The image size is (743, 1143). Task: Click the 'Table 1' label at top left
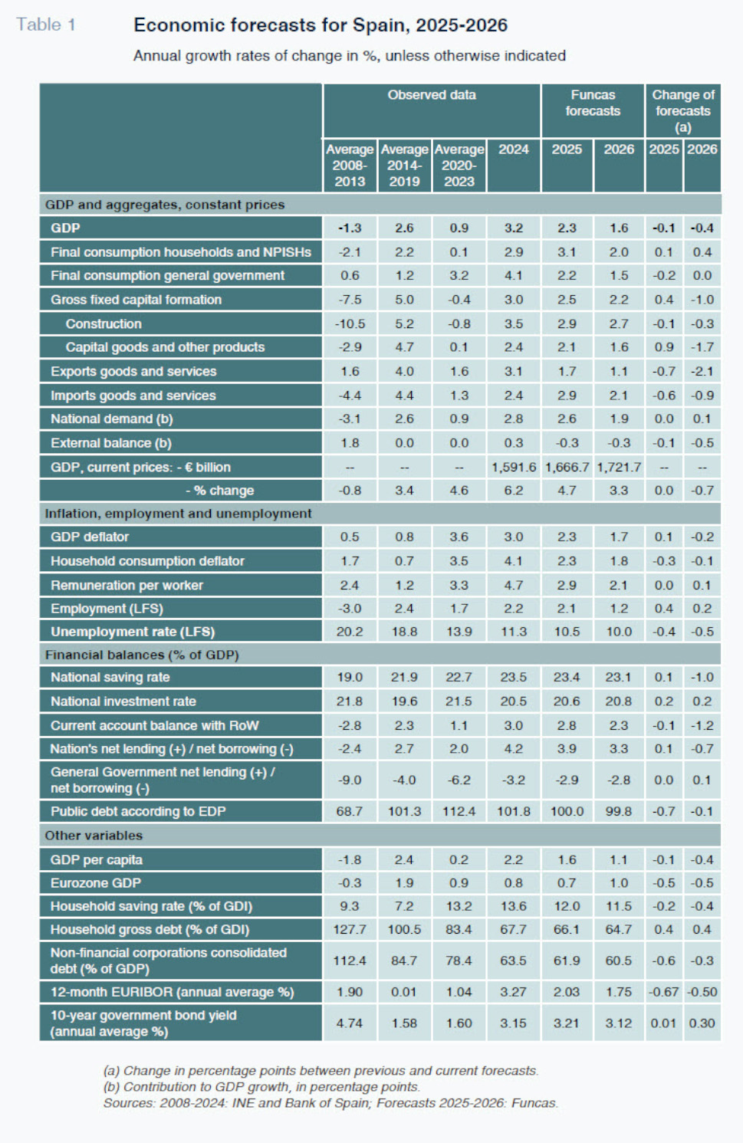pyautogui.click(x=46, y=25)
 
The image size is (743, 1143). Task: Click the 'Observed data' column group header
pyautogui.click(x=432, y=95)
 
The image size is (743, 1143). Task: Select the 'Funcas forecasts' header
pyautogui.click(x=593, y=103)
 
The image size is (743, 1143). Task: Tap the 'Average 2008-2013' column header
pyautogui.click(x=350, y=166)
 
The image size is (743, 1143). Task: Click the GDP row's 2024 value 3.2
pyautogui.click(x=514, y=228)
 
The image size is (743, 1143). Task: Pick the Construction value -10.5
pyautogui.click(x=350, y=324)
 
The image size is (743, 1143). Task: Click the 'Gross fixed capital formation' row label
pyautogui.click(x=136, y=300)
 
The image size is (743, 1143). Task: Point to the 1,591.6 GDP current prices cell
pyautogui.click(x=514, y=468)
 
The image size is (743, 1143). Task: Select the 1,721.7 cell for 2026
pyautogui.click(x=619, y=468)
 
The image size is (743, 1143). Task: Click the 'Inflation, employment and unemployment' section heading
pyautogui.click(x=178, y=514)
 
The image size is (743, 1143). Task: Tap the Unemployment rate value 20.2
pyautogui.click(x=350, y=632)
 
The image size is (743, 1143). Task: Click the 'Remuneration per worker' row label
pyautogui.click(x=127, y=585)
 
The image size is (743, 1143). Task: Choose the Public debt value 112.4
pyautogui.click(x=459, y=811)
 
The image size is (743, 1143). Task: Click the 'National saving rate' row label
pyautogui.click(x=110, y=677)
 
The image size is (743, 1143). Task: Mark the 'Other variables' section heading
pyautogui.click(x=94, y=836)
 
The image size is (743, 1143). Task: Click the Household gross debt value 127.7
pyautogui.click(x=350, y=929)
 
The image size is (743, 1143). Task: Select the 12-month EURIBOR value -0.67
pyautogui.click(x=663, y=992)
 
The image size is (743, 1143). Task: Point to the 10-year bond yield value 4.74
pyautogui.click(x=350, y=1023)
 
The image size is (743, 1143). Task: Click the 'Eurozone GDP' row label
pyautogui.click(x=95, y=883)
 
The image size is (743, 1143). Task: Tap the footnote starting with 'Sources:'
pyautogui.click(x=330, y=1102)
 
